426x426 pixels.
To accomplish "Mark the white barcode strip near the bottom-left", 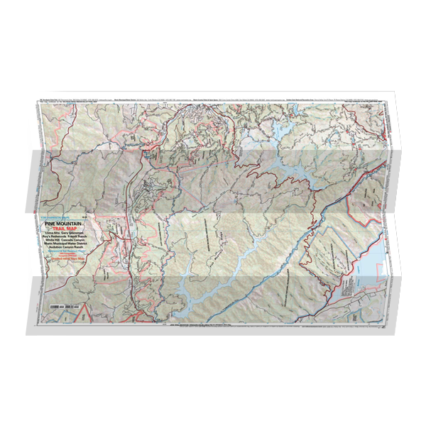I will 58,305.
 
